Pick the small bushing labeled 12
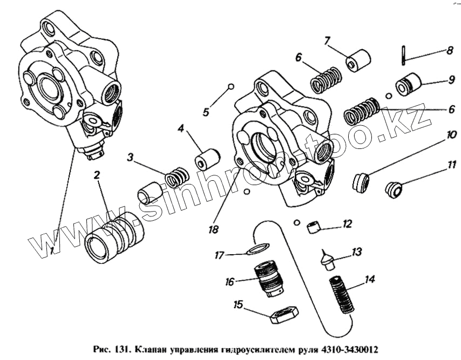tap(314, 226)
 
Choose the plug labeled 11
tap(396, 189)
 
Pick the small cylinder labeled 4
tap(207, 157)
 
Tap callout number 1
tap(52, 250)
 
